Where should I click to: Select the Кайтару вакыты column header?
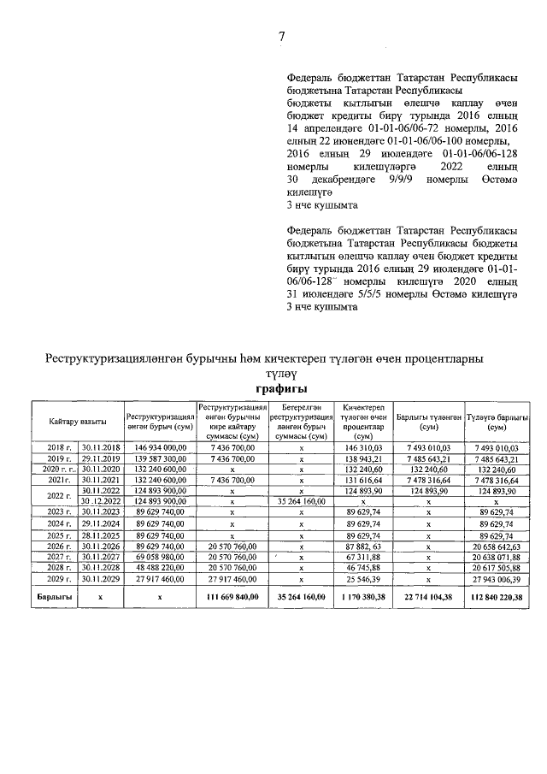[x=78, y=421]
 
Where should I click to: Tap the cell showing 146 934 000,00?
[x=160, y=447]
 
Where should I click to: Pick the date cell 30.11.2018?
[x=101, y=447]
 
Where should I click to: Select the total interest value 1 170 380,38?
[x=362, y=595]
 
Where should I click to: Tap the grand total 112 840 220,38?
[x=494, y=595]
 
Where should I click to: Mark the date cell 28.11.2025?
[x=101, y=534]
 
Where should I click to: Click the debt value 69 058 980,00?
[x=160, y=556]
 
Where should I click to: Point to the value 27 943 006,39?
[x=495, y=578]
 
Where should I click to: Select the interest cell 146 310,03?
[x=363, y=447]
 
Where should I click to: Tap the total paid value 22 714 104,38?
[x=429, y=595]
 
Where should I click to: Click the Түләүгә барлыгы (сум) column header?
[x=495, y=420]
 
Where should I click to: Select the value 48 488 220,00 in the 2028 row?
[x=160, y=567]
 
